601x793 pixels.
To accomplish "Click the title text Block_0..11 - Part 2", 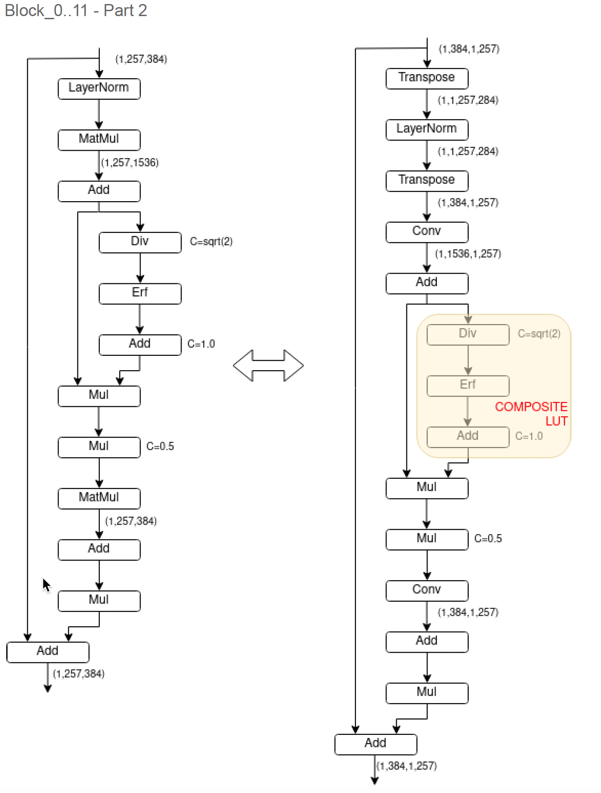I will [x=76, y=10].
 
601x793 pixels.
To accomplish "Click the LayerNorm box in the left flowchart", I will [x=99, y=89].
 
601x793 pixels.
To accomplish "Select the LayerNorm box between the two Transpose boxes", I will [x=427, y=130].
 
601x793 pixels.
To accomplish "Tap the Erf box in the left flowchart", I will [x=140, y=293].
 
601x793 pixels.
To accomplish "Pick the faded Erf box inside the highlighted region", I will [x=468, y=385].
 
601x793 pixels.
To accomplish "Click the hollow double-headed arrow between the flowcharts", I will [x=268, y=366].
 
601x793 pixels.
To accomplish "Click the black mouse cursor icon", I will [x=47, y=585].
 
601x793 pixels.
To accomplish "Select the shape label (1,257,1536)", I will [x=130, y=162].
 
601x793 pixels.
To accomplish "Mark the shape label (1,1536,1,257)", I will [x=468, y=254].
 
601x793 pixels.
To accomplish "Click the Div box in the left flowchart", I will [x=140, y=242].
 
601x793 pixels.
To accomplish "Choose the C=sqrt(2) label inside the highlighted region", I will [x=539, y=333].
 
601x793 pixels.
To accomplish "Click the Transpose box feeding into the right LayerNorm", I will [x=427, y=78].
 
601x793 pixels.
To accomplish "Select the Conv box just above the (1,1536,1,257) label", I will [x=427, y=232].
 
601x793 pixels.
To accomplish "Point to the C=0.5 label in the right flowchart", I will [x=488, y=539].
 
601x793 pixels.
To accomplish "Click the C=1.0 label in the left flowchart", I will [x=201, y=344].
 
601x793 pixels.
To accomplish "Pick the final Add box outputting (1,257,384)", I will [x=48, y=652].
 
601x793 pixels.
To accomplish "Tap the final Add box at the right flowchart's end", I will [x=376, y=744].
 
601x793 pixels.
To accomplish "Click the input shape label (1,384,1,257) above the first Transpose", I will [x=469, y=49].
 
